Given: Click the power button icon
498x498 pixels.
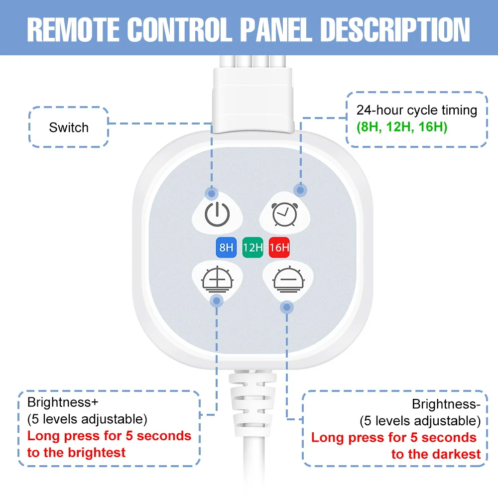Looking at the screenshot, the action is coord(217,214).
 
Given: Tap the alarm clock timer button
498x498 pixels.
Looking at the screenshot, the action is coord(284,214).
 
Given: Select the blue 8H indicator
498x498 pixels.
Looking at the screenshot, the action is coord(226,247).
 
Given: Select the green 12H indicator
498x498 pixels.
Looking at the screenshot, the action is coord(253,247).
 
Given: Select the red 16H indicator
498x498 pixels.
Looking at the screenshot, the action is coord(279,247).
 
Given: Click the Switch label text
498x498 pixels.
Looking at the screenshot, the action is coord(69,127).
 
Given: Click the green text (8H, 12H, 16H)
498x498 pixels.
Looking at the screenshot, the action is coord(402,126).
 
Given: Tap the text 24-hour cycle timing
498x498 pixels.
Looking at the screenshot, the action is coord(417,110).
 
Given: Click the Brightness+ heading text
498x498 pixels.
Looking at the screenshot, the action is coord(63,402).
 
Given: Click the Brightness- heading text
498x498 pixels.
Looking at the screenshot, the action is coord(446,404).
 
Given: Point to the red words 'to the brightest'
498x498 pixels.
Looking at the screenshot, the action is coord(76,452).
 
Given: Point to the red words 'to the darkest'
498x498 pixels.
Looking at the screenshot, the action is coord(436,454).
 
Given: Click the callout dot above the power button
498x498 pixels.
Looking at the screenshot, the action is coord(212,193).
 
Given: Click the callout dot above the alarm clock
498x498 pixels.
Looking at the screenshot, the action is coord(300,190).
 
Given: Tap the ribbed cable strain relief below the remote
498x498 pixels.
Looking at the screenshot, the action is coord(253,403).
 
